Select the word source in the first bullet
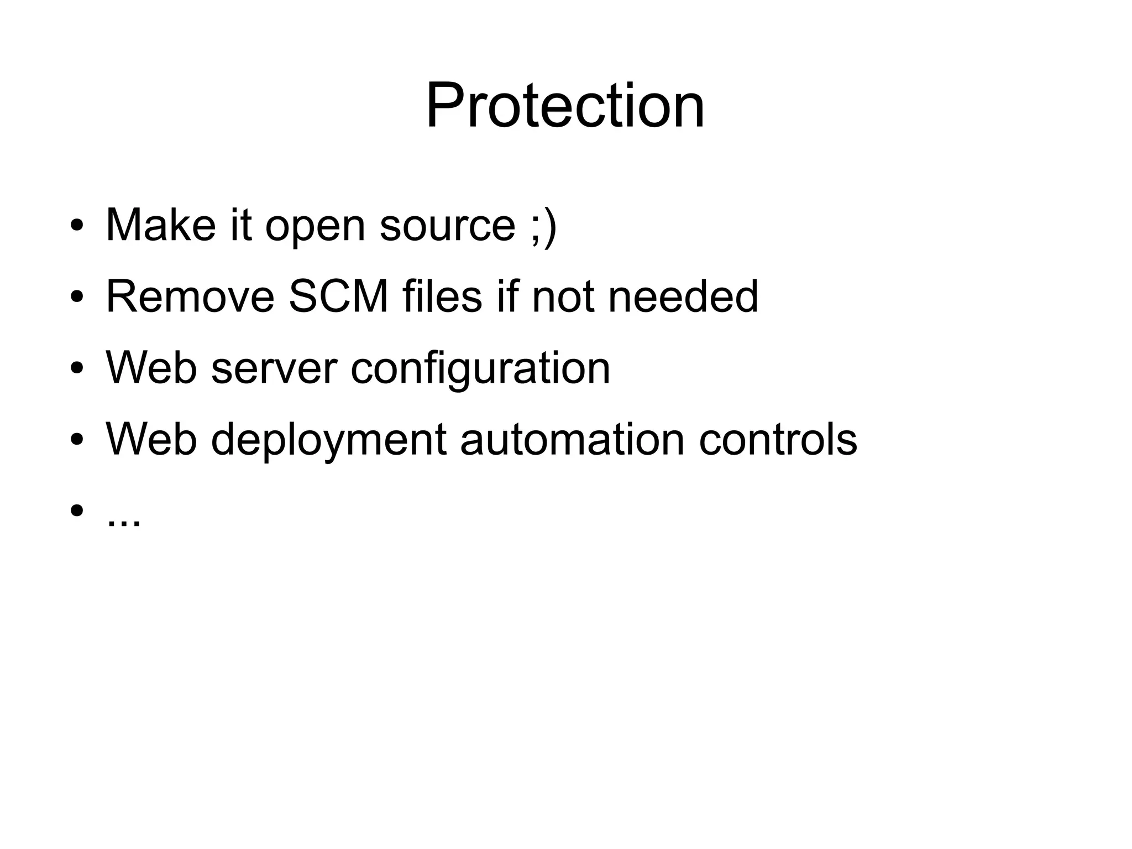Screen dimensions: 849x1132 [x=447, y=226]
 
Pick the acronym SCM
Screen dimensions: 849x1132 [x=338, y=296]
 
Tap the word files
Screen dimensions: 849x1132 [x=442, y=296]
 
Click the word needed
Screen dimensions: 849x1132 [x=683, y=296]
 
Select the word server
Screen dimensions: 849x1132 [x=274, y=369]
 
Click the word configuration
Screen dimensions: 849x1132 [x=480, y=369]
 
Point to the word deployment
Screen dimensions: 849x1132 [x=328, y=440]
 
